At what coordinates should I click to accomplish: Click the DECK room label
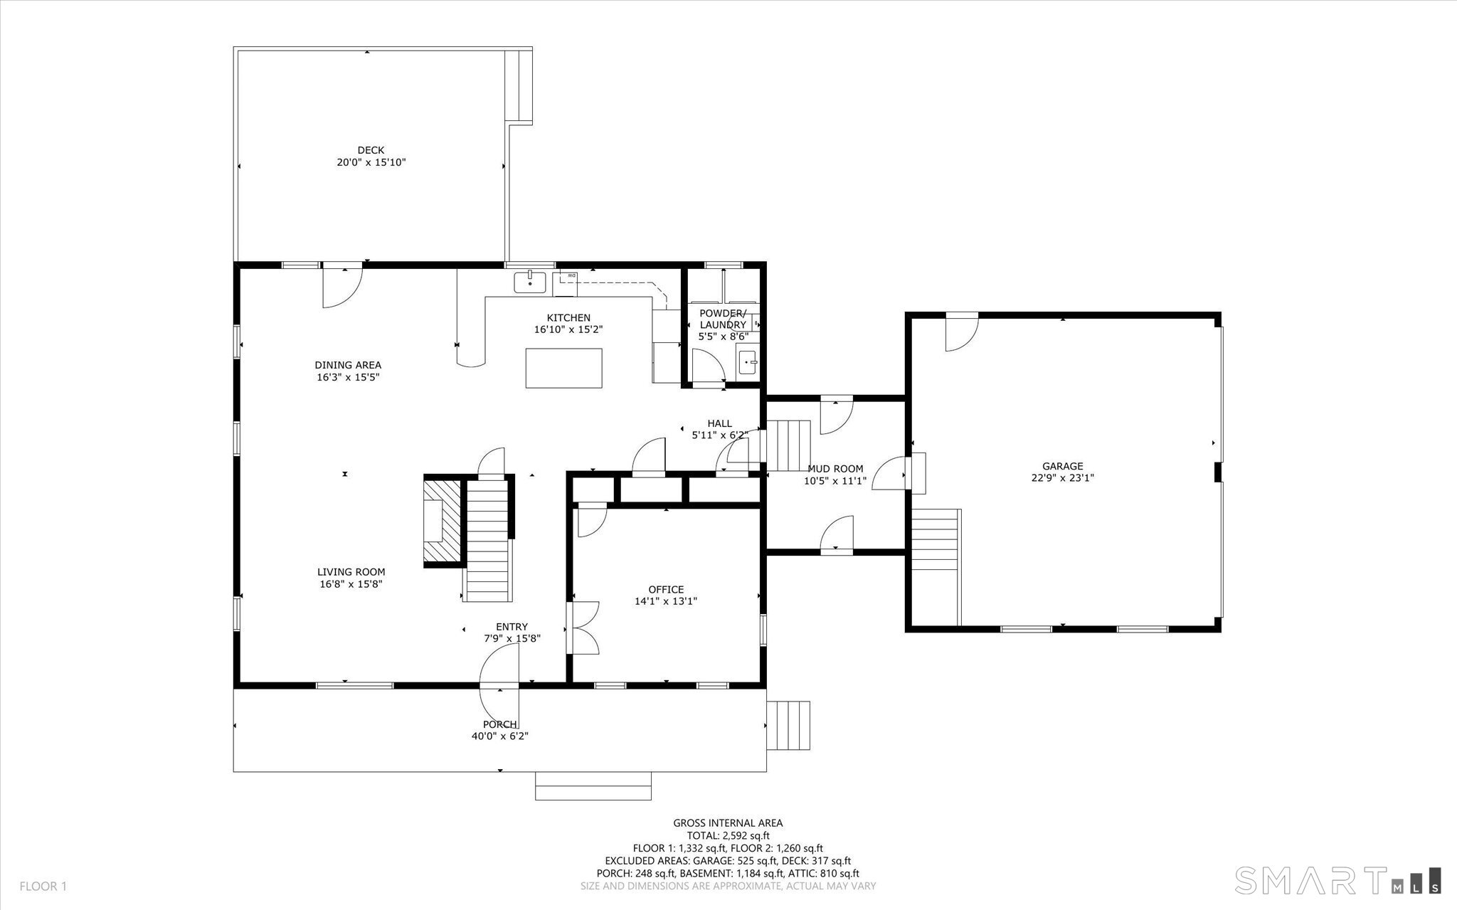(371, 150)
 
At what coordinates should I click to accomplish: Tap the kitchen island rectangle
(563, 368)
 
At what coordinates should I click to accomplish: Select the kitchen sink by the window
(530, 282)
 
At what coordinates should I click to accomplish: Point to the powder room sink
(748, 362)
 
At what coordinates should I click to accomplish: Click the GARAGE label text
(1063, 466)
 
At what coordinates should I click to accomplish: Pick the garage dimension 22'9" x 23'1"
(1063, 478)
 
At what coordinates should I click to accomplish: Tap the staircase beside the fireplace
(489, 539)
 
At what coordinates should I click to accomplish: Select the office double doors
(583, 628)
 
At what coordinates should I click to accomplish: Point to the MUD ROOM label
(835, 469)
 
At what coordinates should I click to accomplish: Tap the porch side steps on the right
(788, 725)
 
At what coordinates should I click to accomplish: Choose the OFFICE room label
(666, 589)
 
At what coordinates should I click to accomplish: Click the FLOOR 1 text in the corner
(43, 887)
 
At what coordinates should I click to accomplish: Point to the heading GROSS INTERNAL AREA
(728, 823)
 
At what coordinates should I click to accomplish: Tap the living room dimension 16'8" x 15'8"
(351, 584)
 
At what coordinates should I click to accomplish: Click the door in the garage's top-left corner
(961, 332)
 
